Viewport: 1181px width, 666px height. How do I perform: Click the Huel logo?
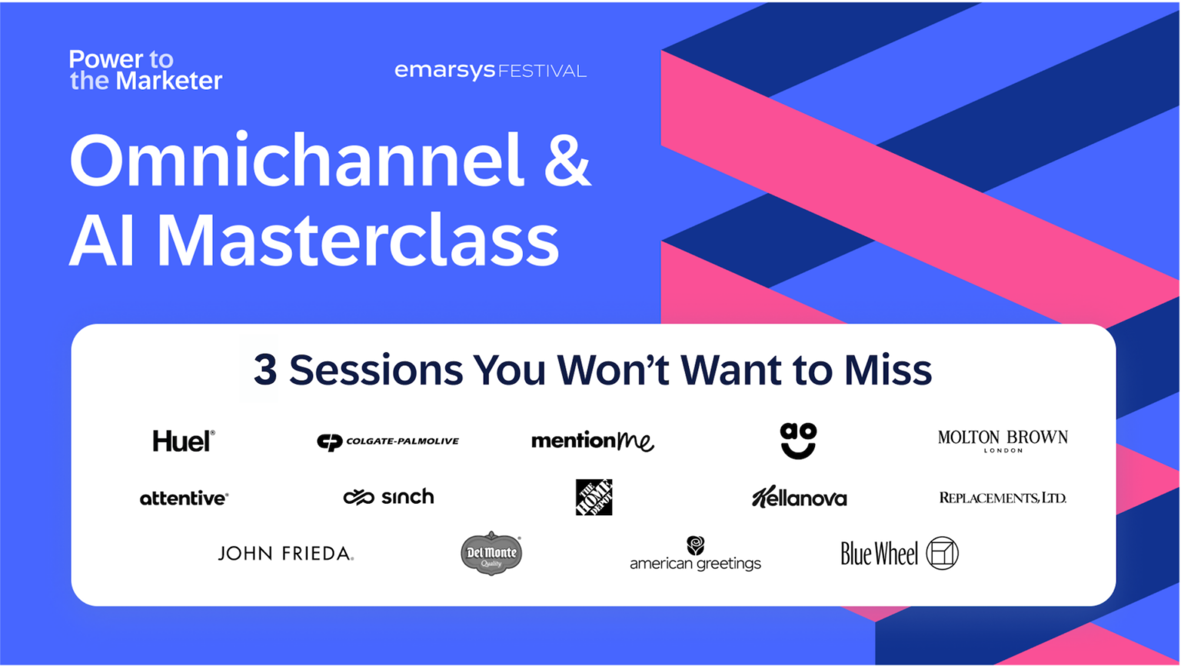[183, 441]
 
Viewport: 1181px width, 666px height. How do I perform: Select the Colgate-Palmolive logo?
[388, 441]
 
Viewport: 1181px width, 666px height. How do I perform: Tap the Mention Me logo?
[592, 441]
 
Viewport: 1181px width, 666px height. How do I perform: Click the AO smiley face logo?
[798, 441]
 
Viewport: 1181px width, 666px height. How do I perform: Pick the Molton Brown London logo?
[1003, 441]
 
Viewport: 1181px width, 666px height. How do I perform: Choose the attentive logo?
[184, 498]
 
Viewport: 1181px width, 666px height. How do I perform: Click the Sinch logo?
[388, 498]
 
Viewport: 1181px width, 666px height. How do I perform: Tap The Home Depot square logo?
[594, 497]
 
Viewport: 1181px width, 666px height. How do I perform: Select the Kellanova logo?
[799, 498]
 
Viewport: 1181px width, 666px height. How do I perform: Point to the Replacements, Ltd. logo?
[1003, 498]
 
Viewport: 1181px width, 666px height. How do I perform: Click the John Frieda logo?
[285, 554]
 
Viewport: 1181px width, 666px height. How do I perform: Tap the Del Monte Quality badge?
[491, 553]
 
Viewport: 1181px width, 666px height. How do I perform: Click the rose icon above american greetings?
[695, 545]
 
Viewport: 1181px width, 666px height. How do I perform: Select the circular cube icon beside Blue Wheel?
[942, 553]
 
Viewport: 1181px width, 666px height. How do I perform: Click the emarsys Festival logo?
[490, 71]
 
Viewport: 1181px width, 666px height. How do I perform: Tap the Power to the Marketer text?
[145, 70]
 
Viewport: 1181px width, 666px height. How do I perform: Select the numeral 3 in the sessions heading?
[265, 370]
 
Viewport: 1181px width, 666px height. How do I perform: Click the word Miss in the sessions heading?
[887, 370]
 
